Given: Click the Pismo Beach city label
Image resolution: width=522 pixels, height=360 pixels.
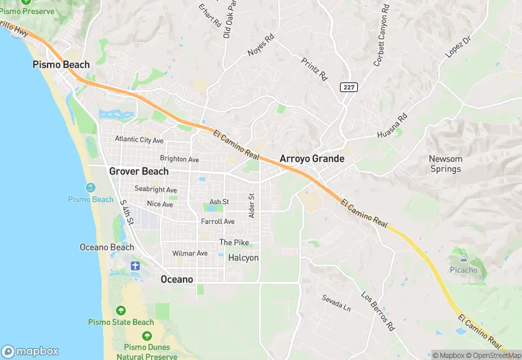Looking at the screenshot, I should (x=61, y=65).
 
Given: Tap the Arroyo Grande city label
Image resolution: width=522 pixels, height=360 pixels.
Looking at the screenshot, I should (x=312, y=159).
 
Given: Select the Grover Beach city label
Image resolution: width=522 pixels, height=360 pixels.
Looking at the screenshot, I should (x=139, y=171).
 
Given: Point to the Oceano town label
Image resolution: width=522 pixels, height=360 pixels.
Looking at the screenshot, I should (x=177, y=279).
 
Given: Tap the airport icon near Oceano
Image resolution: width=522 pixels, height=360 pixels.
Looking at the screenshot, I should (x=135, y=265).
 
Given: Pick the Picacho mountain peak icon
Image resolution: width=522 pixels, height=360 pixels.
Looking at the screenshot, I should (x=464, y=259).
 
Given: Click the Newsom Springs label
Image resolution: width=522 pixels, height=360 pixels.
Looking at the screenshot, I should (x=446, y=164).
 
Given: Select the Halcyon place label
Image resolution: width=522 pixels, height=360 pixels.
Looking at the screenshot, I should (x=243, y=258).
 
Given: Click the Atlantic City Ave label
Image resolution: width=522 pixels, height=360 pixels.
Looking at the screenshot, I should (x=139, y=139).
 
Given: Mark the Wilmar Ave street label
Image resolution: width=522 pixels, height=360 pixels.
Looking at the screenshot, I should (x=190, y=254).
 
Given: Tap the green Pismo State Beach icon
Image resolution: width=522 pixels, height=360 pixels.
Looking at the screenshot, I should (x=121, y=311).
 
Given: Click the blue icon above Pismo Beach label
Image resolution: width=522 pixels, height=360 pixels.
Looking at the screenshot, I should (x=90, y=188).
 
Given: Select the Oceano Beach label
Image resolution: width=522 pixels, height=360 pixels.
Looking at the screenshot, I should (x=107, y=247).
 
